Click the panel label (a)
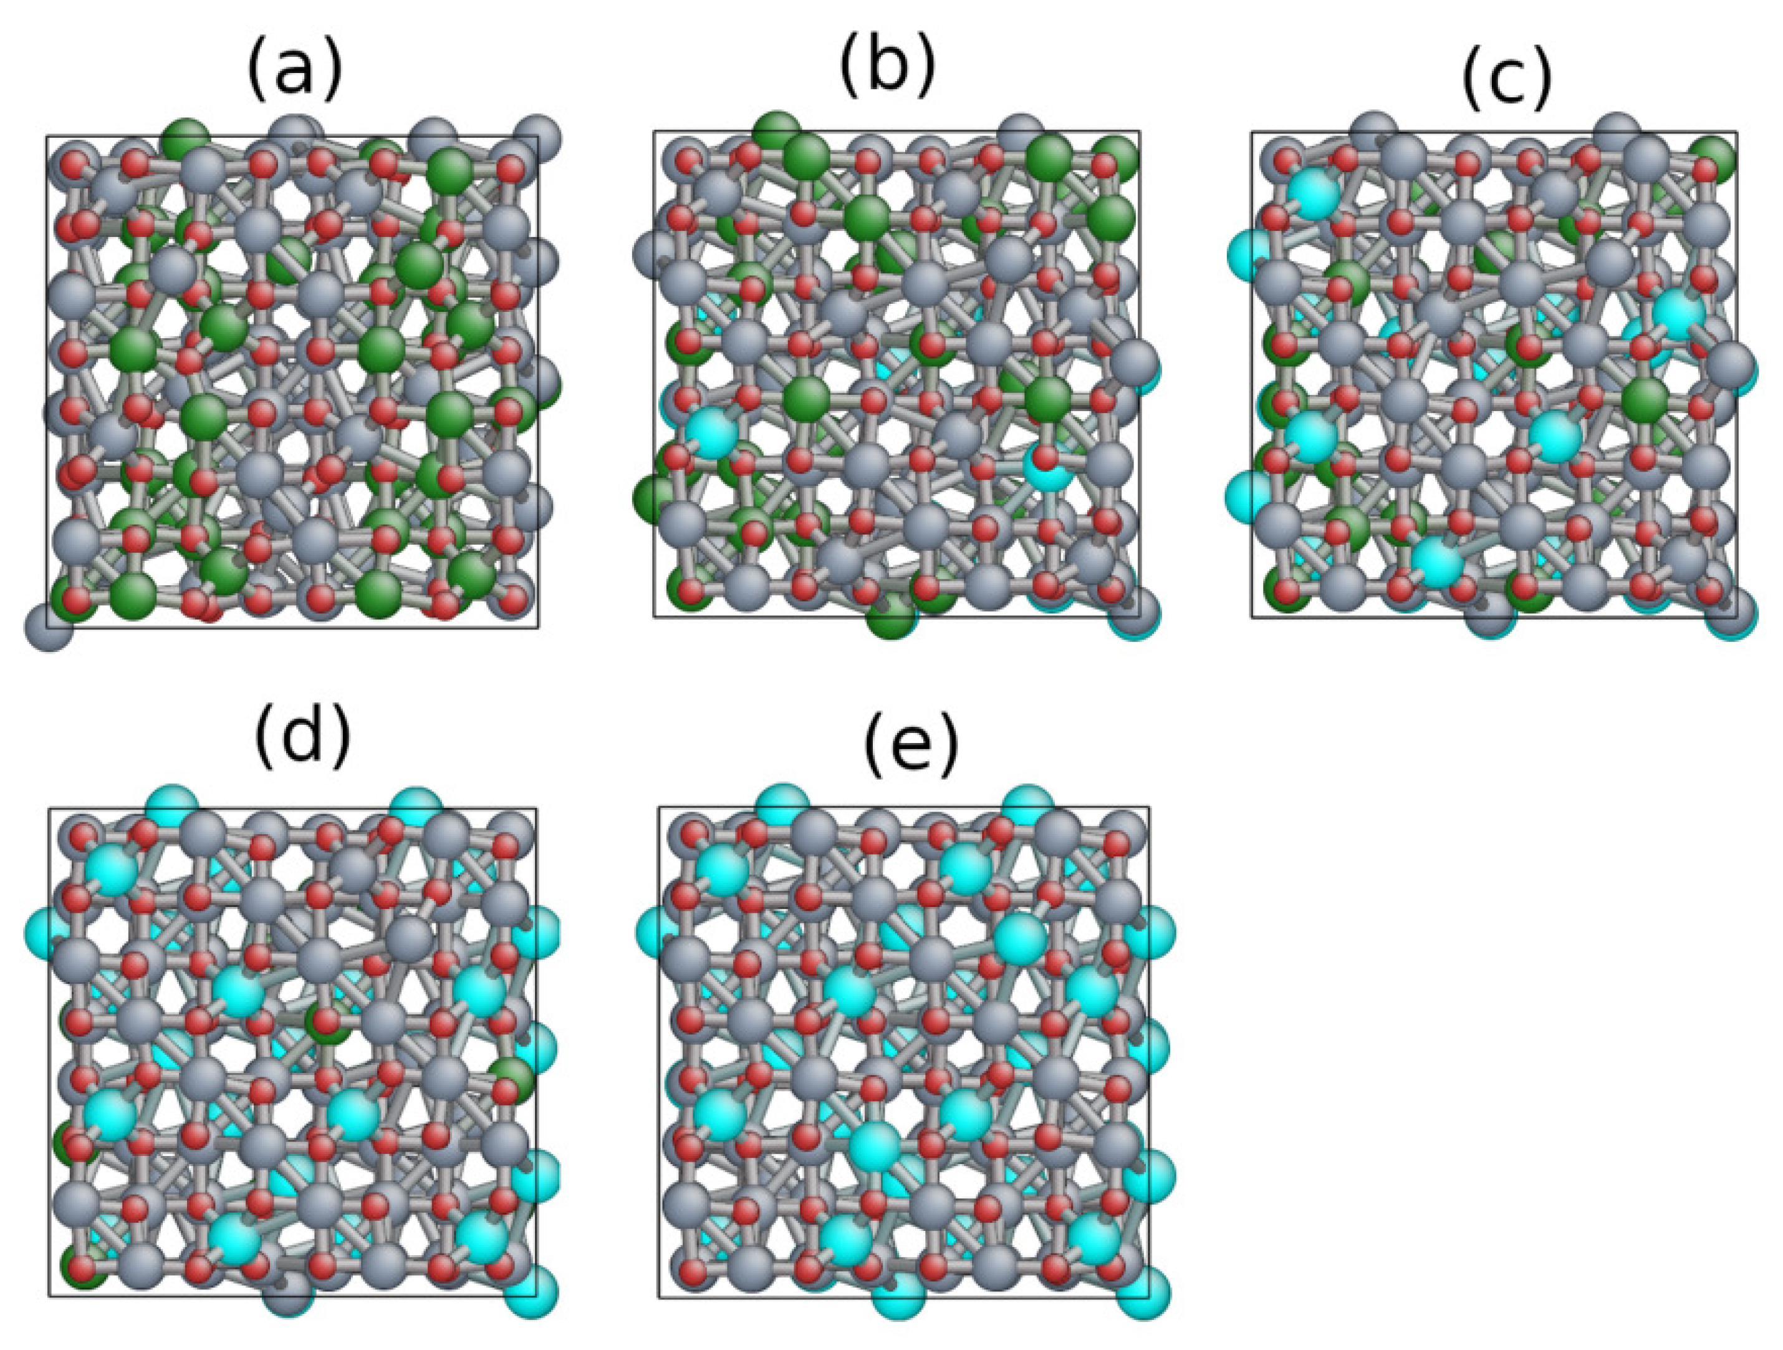click(295, 72)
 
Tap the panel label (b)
click(888, 68)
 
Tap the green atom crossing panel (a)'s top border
click(186, 138)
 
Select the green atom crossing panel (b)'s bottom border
click(891, 618)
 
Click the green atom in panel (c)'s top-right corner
click(1712, 158)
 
